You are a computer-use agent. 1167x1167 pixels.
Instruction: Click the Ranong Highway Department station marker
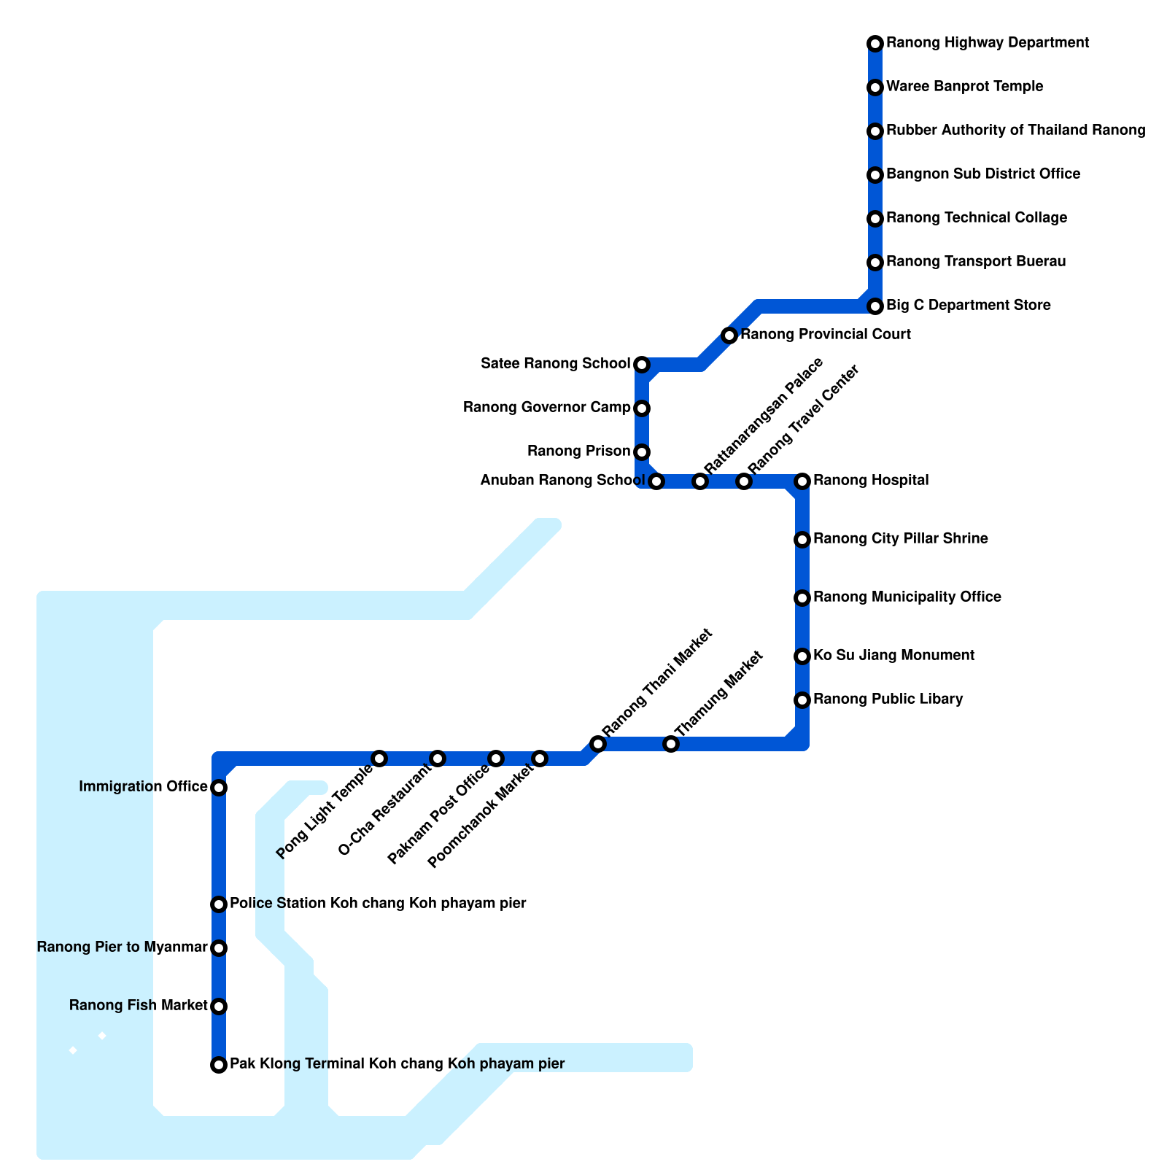pos(875,44)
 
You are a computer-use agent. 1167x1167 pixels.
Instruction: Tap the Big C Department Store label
pos(969,306)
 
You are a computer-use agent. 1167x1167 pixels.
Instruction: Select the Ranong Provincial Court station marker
pos(729,336)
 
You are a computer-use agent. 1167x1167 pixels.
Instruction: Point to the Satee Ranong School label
pos(555,364)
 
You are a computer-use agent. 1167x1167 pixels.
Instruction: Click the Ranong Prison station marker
pos(642,452)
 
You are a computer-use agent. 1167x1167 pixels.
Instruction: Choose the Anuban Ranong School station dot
pos(656,481)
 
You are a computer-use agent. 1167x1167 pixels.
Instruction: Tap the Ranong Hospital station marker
pos(802,481)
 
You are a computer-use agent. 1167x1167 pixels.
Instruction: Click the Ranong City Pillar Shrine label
pos(901,539)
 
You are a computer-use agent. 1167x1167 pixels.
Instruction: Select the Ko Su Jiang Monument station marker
pos(802,656)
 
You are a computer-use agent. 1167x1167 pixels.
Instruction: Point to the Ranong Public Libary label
pos(888,699)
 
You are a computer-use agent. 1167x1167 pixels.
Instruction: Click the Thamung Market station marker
pos(671,744)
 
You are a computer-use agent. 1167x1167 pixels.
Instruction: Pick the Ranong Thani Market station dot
pos(598,744)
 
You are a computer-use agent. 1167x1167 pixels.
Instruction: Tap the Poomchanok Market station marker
pos(540,759)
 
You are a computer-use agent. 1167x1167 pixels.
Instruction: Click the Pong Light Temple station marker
pos(379,759)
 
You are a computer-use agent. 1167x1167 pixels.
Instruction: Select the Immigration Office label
pos(143,787)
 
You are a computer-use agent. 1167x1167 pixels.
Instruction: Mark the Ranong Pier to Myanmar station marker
pos(219,948)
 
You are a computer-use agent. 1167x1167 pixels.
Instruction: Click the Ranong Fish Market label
pos(139,1006)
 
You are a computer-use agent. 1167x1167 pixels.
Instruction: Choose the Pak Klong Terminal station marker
pos(219,1065)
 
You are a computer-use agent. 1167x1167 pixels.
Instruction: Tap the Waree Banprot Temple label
pos(964,87)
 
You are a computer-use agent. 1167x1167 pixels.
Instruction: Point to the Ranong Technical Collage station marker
pos(875,219)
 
